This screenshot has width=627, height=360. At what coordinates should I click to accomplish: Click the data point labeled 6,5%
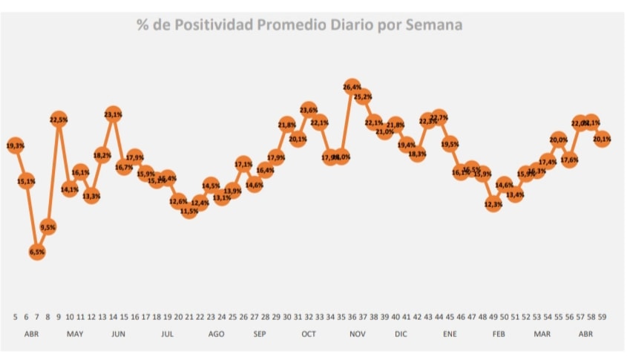coord(37,252)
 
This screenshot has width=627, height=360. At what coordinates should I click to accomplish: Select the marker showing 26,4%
coord(352,87)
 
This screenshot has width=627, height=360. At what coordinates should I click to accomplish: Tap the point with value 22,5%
coord(59,119)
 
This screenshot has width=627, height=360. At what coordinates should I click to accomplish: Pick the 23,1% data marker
coord(113,114)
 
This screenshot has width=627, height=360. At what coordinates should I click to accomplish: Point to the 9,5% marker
coord(48,226)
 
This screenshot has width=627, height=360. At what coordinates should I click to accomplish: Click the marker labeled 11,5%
coord(188,211)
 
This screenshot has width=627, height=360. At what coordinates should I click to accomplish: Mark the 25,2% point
coord(363,96)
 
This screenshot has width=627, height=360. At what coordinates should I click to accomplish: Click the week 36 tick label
coord(352,316)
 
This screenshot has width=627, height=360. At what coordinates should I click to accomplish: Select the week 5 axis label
coord(16,316)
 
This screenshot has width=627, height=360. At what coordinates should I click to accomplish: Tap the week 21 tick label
coord(189,316)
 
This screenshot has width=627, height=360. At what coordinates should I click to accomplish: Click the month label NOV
coord(358,334)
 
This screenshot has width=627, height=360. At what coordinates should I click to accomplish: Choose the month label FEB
coord(499,334)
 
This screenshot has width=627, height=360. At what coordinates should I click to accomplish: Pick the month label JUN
coord(118,334)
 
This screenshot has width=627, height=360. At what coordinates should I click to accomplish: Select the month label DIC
coord(401,334)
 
